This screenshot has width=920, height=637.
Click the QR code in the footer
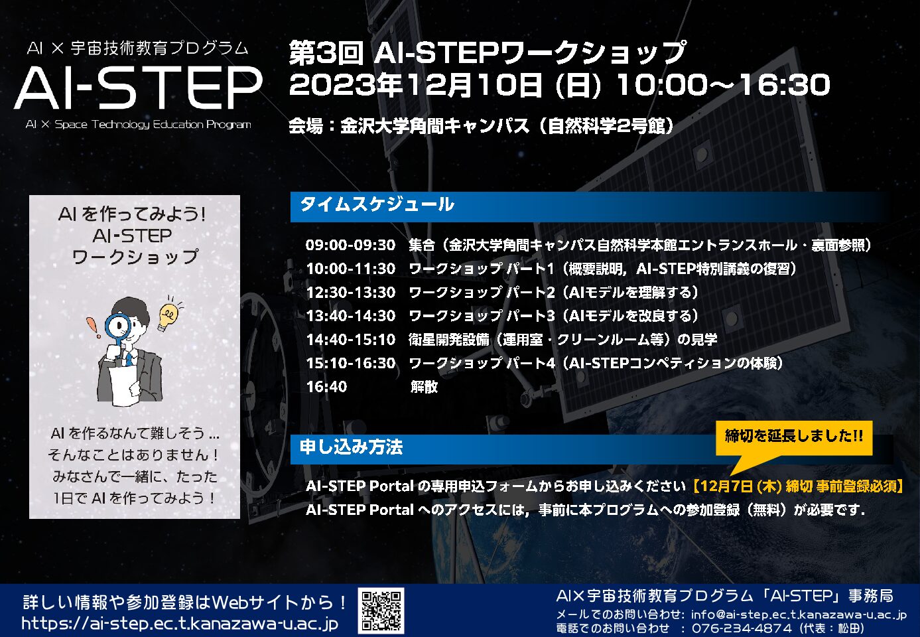click(x=381, y=610)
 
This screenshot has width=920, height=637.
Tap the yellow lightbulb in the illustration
click(x=168, y=317)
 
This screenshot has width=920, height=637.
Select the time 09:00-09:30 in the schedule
click(x=350, y=245)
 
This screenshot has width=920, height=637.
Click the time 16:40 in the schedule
click(x=327, y=387)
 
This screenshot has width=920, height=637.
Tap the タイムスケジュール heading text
click(x=377, y=204)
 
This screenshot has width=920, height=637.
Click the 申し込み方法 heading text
click(x=351, y=447)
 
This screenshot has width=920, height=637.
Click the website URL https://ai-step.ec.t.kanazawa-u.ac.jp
click(x=180, y=624)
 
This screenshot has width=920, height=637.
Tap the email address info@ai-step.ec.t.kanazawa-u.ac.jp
click(x=799, y=615)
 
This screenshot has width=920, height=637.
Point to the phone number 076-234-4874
click(x=742, y=628)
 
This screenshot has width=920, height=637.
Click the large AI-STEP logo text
click(x=138, y=88)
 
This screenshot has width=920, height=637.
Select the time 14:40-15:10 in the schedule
click(x=351, y=340)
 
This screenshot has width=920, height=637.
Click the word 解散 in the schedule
click(x=424, y=387)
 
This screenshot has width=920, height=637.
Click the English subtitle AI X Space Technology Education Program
click(x=138, y=124)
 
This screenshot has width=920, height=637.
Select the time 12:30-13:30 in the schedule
click(x=351, y=292)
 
